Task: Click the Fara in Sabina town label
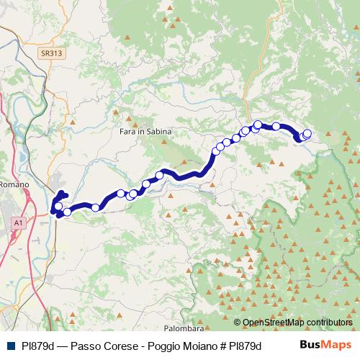point(141,132)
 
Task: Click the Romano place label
point(14,184)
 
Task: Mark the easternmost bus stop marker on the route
point(307,133)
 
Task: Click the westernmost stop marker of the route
point(58,207)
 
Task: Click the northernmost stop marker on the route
point(258,125)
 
